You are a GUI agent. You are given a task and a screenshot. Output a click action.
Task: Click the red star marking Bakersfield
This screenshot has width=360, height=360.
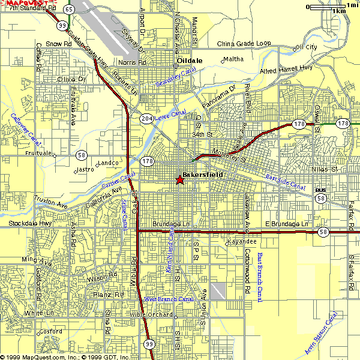180,180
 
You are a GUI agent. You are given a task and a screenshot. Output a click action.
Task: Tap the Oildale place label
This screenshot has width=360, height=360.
190,61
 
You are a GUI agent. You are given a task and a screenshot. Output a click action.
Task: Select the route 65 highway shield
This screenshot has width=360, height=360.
69,10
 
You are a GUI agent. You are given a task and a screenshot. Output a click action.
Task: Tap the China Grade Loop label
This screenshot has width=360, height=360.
244,44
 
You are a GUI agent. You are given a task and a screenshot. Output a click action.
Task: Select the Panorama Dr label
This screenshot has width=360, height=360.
218,97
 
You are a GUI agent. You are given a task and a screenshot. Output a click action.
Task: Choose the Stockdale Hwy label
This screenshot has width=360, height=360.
30,224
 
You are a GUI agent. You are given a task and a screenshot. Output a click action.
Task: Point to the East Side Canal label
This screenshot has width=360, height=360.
285,181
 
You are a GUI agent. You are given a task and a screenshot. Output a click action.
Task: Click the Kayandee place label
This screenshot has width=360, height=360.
242,241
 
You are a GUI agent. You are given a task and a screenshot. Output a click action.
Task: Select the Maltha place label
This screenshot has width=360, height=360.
233,59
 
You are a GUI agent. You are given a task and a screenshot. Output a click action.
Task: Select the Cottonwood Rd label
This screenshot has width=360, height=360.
247,275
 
